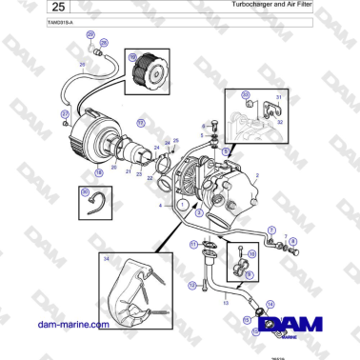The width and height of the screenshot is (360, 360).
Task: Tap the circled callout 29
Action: tap(90, 34)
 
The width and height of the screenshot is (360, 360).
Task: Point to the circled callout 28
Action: tap(104, 43)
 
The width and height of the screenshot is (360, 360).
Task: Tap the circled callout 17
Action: tap(140, 123)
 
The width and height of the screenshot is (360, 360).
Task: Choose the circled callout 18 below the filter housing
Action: tap(99, 172)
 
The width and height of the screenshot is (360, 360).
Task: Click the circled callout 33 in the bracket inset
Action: tap(245, 95)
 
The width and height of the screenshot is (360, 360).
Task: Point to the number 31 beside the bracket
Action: tap(279, 97)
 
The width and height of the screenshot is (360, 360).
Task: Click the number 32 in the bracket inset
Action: tap(279, 122)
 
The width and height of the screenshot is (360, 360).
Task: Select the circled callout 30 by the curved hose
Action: tap(85, 192)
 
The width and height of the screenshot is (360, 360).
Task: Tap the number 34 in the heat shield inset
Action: tap(107, 258)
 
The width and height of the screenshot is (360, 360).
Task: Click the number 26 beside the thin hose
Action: tap(82, 63)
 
